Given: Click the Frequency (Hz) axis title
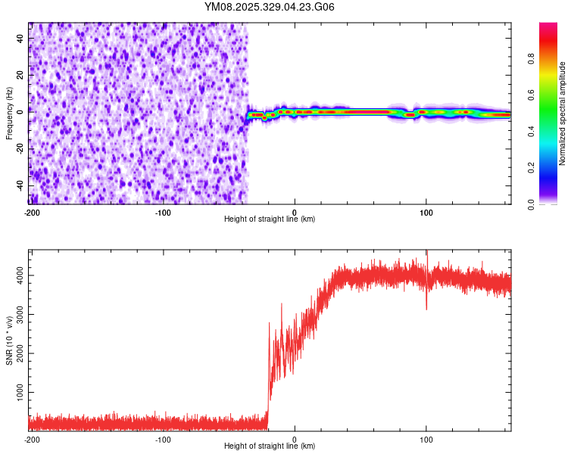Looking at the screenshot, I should tap(9, 113).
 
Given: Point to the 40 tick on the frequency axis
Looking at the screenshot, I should tap(21, 38).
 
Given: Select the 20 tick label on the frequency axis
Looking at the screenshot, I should tap(21, 75).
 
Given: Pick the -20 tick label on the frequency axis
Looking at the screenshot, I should tap(20, 148).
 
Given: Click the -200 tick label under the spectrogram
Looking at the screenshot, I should tap(31, 211).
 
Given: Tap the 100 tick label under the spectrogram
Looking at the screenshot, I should tap(426, 211).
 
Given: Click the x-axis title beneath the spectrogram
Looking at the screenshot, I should tap(270, 219).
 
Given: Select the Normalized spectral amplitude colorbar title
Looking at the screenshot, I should tap(563, 113).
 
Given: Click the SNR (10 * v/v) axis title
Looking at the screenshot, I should tap(9, 340).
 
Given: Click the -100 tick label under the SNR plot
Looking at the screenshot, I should tap(163, 438).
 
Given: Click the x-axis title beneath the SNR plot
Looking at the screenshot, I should tap(270, 446).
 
